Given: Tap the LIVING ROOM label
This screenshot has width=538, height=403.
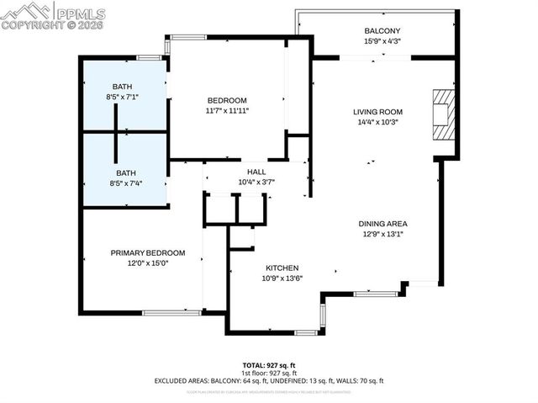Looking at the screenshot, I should pyautogui.click(x=377, y=112).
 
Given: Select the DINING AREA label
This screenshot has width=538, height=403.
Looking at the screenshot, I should pyautogui.click(x=382, y=224).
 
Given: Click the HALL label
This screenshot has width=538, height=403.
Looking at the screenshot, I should pyautogui.click(x=256, y=171).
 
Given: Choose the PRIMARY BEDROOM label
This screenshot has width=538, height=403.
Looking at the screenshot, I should pyautogui.click(x=148, y=252).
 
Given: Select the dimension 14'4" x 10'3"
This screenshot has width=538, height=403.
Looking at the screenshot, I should pyautogui.click(x=377, y=122).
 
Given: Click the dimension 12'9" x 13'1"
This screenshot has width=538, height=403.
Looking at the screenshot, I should pyautogui.click(x=382, y=234).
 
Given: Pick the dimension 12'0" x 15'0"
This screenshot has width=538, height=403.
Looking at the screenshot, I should pyautogui.click(x=148, y=262).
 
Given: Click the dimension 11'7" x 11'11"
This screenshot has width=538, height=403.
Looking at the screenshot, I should pyautogui.click(x=227, y=109).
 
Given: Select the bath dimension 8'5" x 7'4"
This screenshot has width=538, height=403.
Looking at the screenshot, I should pyautogui.click(x=124, y=182).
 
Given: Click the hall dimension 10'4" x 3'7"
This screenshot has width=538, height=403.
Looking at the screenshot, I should pyautogui.click(x=256, y=181).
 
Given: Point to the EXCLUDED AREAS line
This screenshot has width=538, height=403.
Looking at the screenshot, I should pyautogui.click(x=267, y=381).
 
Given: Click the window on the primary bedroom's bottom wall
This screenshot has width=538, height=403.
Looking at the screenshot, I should pyautogui.click(x=171, y=313).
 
